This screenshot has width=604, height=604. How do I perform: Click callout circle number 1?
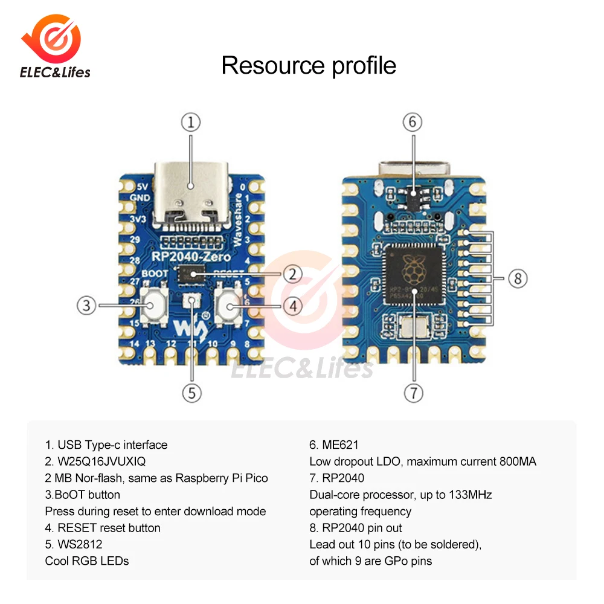(190, 123)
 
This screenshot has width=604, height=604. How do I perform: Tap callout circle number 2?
(293, 274)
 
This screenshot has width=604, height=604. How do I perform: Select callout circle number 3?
(86, 305)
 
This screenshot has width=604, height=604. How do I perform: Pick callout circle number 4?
(293, 306)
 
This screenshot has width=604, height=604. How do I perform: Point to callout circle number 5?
(191, 393)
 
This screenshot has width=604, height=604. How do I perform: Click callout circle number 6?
(413, 123)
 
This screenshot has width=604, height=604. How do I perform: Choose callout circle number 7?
(413, 393)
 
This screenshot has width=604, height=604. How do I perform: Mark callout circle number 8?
(518, 279)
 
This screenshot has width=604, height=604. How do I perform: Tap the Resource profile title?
(309, 65)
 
